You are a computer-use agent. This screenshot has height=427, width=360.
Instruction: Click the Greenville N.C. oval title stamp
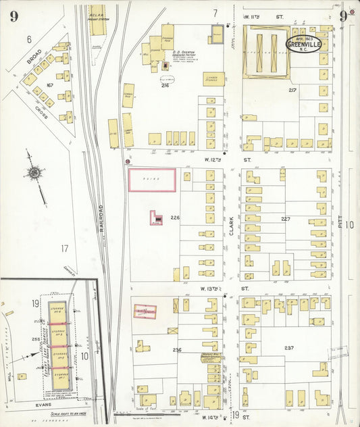pos(303,44)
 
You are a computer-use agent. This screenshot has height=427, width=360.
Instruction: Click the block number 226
pos(175,218)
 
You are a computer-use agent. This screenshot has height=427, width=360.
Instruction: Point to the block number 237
pos(289,348)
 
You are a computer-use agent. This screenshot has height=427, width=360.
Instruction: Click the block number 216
pos(165,86)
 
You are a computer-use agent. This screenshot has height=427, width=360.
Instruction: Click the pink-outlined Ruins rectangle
pos(152,180)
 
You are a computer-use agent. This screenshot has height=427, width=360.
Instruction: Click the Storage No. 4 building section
pos(57,311)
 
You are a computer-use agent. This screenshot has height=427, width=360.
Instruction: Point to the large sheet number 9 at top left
pos(14,16)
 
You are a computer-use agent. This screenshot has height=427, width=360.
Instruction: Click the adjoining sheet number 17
pos(65,249)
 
